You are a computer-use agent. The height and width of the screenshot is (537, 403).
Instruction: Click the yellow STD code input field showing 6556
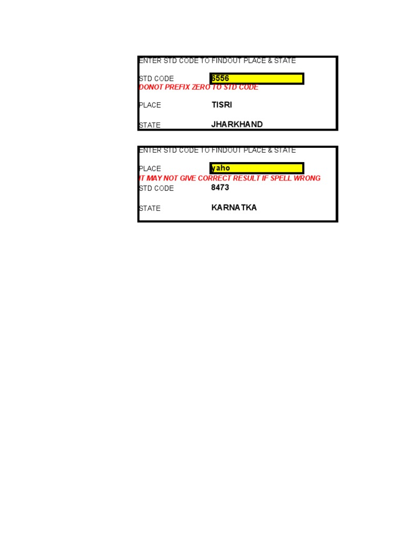click(x=257, y=79)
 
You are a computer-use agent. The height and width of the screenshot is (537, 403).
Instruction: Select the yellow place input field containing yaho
click(x=257, y=168)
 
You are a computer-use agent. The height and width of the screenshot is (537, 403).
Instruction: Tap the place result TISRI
click(x=221, y=105)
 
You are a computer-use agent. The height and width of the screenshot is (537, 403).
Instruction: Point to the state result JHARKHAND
click(x=237, y=125)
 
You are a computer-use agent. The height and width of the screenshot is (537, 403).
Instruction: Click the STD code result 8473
click(x=220, y=188)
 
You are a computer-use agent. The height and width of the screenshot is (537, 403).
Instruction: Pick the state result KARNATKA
click(x=234, y=208)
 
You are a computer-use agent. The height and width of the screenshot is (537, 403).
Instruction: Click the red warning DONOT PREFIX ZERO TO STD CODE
click(x=198, y=88)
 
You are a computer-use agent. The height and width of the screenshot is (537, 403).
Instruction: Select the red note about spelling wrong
click(x=229, y=178)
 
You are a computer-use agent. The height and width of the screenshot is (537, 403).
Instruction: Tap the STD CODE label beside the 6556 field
click(x=156, y=79)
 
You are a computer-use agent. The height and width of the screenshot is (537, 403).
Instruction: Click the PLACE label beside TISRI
click(x=150, y=105)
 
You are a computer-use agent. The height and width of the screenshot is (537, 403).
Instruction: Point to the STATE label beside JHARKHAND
click(x=150, y=125)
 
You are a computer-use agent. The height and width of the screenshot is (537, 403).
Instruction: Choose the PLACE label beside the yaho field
click(x=150, y=169)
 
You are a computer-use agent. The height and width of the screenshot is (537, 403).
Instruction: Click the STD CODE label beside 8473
click(x=156, y=188)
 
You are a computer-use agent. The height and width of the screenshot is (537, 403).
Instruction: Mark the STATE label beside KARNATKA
click(x=150, y=208)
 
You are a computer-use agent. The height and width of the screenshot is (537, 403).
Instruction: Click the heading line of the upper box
click(x=217, y=61)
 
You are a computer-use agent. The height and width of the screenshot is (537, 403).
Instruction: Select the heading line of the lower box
click(x=217, y=151)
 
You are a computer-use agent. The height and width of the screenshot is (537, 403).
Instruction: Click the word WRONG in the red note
click(x=306, y=178)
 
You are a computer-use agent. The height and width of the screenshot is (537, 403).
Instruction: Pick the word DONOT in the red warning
click(x=151, y=88)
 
